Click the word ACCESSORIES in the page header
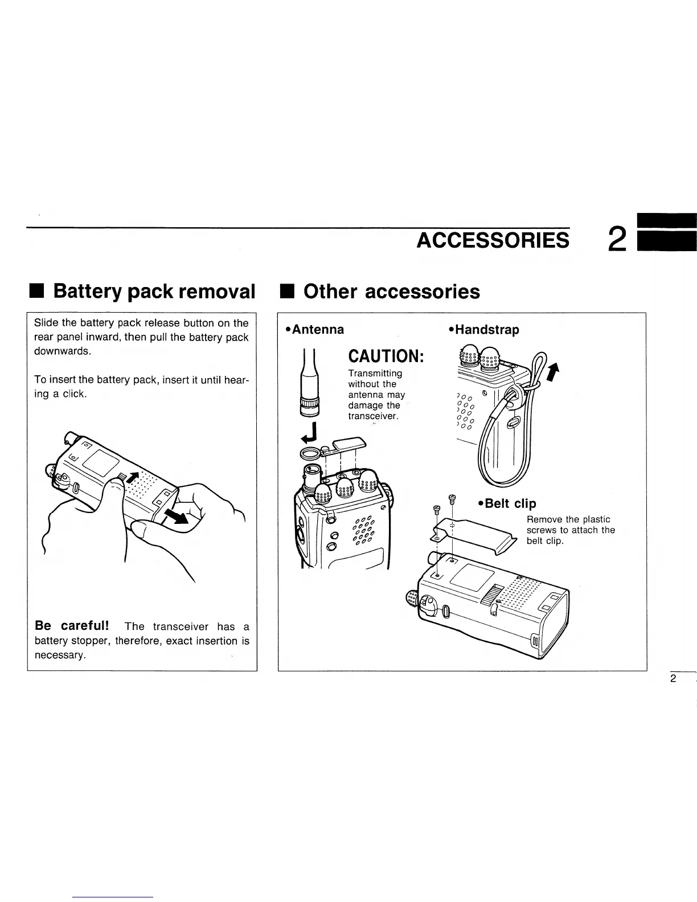click(x=493, y=240)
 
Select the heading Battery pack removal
click(x=154, y=292)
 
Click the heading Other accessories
click(x=392, y=292)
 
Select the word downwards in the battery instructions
click(x=62, y=351)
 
